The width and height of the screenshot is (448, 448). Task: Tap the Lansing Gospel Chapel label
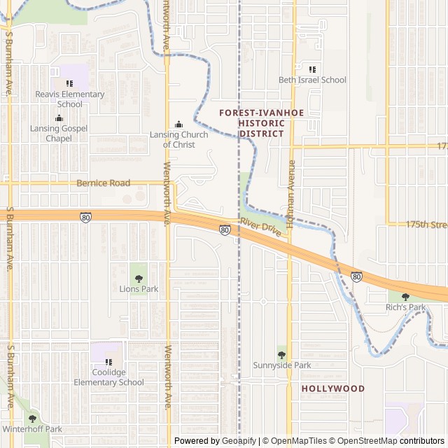pos(59,133)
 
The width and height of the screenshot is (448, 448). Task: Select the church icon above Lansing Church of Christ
pos(178,124)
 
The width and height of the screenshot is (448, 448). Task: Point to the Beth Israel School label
pos(312,80)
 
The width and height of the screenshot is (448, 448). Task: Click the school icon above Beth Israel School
pos(312,69)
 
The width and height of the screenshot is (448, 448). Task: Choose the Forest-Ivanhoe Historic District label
pos(251,123)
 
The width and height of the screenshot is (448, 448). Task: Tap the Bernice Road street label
pos(104,183)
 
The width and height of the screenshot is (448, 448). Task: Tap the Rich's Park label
pos(406,307)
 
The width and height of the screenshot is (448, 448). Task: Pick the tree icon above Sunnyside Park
pos(281,355)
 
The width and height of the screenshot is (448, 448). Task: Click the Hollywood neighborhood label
pos(333,388)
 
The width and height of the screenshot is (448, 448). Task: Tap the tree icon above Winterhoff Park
pos(32,419)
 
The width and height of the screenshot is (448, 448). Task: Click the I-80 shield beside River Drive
pos(224,230)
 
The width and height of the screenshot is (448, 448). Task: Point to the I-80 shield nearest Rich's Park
pos(356,277)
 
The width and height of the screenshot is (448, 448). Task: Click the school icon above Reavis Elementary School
pos(69,83)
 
